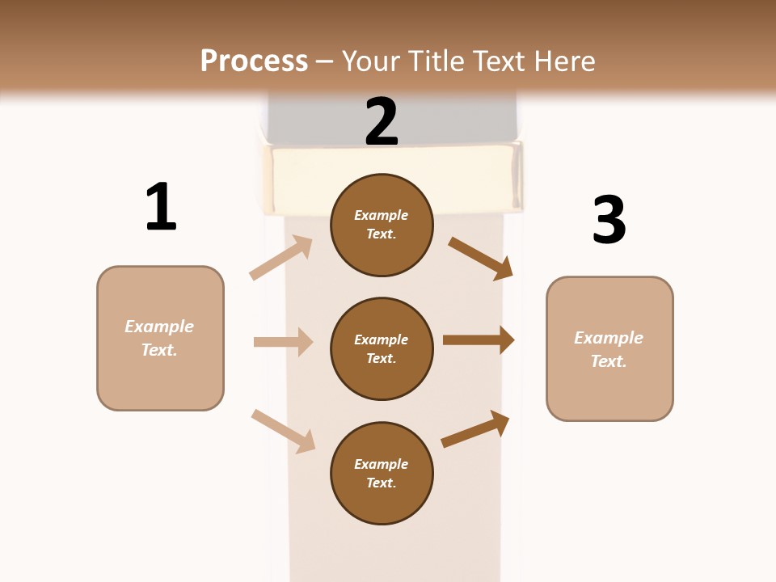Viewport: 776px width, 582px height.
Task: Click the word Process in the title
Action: (254, 61)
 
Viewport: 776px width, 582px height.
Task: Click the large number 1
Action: (161, 207)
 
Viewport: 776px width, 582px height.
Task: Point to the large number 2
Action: (382, 122)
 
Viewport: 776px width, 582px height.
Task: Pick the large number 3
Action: (609, 220)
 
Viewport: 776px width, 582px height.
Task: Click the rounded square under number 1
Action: (160, 338)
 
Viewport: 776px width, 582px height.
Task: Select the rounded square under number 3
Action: (609, 349)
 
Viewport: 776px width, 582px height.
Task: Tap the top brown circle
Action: (382, 225)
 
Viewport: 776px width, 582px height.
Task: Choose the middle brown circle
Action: (382, 349)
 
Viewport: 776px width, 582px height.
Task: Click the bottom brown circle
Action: (382, 474)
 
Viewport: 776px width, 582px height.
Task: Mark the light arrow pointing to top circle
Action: (281, 258)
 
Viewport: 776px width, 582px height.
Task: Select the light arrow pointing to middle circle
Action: (283, 342)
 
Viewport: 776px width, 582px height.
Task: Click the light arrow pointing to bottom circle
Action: (283, 431)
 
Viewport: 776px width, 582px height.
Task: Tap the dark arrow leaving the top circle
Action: (480, 258)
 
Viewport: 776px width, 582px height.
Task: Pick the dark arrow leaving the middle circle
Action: (479, 340)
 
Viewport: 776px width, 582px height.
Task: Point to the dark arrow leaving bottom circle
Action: (475, 429)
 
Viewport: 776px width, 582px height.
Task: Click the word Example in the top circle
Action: (382, 216)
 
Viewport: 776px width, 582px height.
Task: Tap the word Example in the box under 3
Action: (609, 338)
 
